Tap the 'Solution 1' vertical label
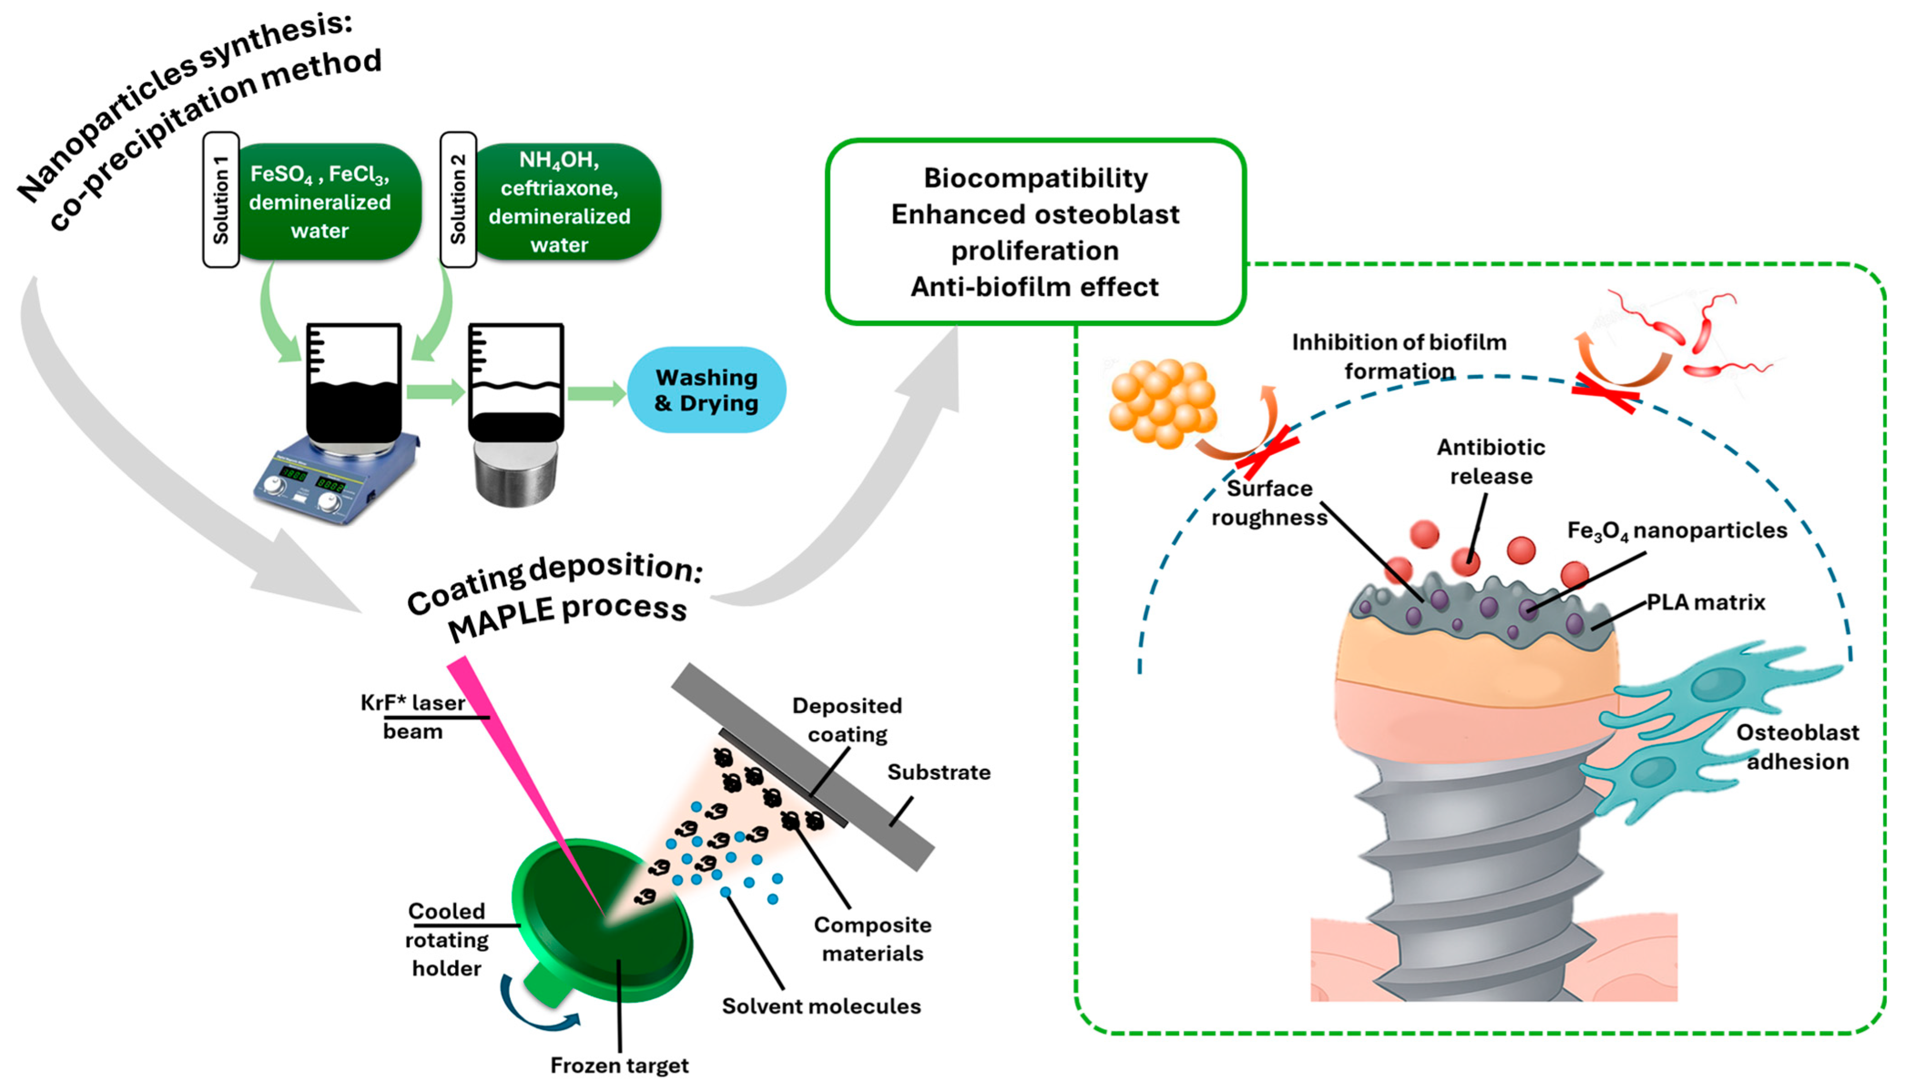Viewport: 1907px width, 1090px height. pyautogui.click(x=221, y=200)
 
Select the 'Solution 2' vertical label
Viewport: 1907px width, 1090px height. pyautogui.click(x=458, y=200)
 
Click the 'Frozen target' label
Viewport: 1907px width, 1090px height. pyautogui.click(x=619, y=1065)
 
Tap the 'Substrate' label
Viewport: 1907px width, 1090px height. pyautogui.click(x=939, y=772)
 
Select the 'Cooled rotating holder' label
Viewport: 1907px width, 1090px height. pyautogui.click(x=447, y=940)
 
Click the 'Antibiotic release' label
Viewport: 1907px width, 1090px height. pyautogui.click(x=1491, y=461)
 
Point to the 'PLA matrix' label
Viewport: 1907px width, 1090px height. pyautogui.click(x=1706, y=602)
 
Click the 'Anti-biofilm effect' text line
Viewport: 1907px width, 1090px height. pyautogui.click(x=1035, y=287)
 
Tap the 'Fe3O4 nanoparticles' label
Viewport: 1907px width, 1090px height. pyautogui.click(x=1677, y=531)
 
